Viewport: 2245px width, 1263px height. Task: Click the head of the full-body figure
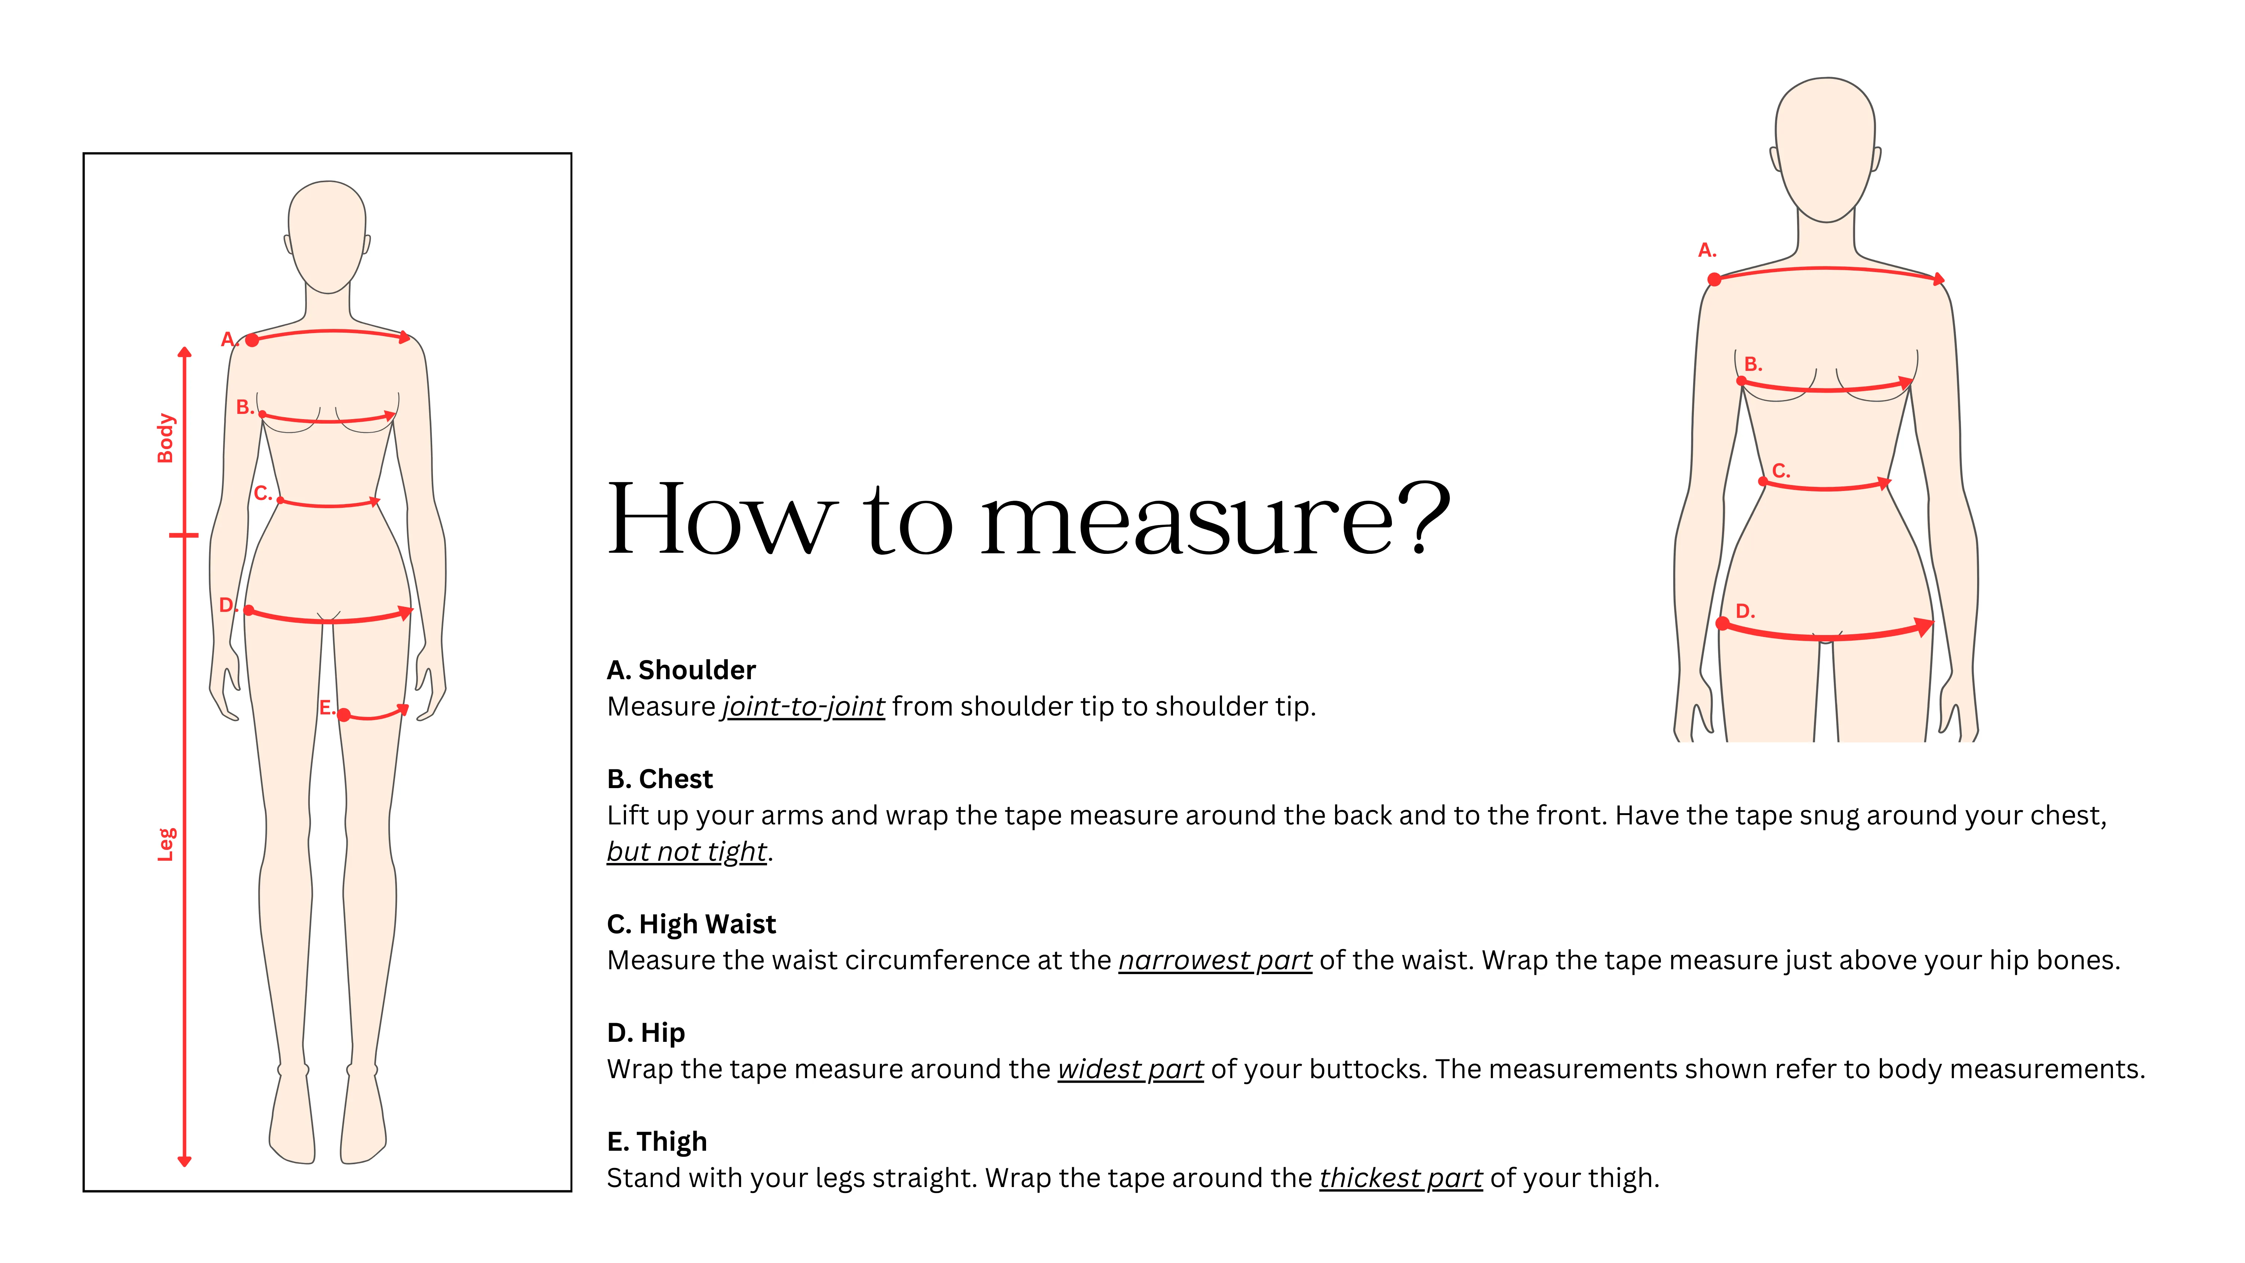(x=327, y=235)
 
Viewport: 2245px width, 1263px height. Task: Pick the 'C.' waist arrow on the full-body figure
(x=329, y=503)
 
